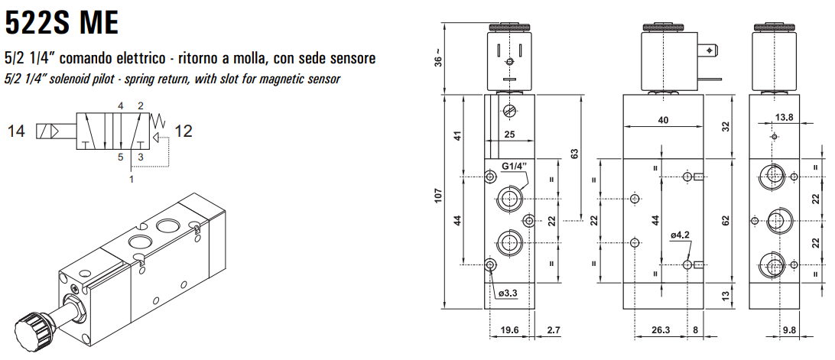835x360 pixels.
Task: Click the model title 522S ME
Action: point(62,22)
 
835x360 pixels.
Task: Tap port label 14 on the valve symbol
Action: point(16,131)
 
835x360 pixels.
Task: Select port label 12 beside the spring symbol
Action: point(184,131)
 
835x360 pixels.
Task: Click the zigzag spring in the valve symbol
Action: point(160,119)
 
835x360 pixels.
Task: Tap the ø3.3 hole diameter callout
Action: point(508,294)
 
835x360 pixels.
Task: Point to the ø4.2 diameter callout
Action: point(681,235)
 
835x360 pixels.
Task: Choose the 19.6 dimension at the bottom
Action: point(510,330)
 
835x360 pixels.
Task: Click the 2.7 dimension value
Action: point(555,330)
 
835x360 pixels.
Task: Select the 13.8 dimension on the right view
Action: point(785,117)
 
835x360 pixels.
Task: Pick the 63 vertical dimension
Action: point(574,153)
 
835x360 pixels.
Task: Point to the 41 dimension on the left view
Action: point(457,136)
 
